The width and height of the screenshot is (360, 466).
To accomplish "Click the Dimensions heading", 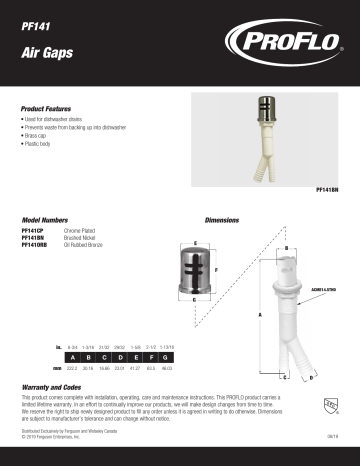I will tap(222, 218).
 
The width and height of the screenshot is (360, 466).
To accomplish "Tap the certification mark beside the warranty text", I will tap(328, 405).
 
